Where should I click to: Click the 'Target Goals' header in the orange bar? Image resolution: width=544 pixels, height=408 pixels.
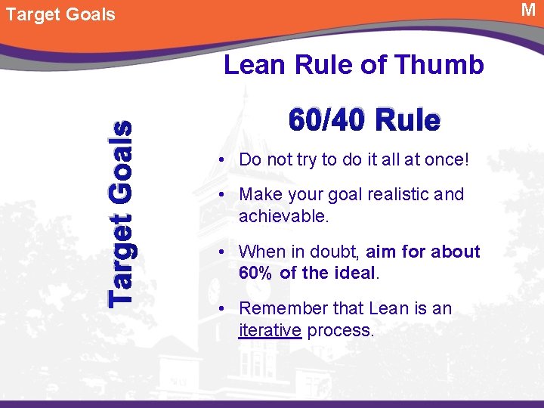pyautogui.click(x=60, y=14)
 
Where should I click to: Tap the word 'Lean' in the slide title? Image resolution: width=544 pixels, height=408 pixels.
pyautogui.click(x=252, y=65)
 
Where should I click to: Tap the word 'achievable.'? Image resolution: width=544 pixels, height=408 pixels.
pyautogui.click(x=284, y=217)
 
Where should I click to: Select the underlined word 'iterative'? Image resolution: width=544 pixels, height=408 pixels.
pyautogui.click(x=270, y=331)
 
